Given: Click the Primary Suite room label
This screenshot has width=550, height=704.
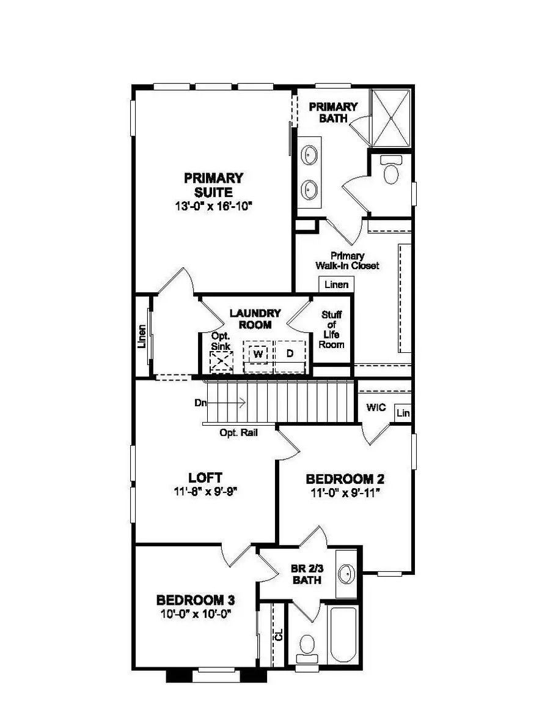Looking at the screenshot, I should pos(213,185).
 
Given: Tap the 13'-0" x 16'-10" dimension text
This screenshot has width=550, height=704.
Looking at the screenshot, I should pos(213,206).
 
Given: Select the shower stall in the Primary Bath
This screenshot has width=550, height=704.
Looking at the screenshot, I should pos(392,117).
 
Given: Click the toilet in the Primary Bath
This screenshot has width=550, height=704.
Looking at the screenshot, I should pos(389,172).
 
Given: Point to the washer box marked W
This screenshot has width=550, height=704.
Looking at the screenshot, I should pos(258,354).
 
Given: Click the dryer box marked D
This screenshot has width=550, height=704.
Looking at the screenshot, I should pos(290,354).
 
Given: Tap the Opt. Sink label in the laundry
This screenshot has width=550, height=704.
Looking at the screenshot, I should pos(221,342).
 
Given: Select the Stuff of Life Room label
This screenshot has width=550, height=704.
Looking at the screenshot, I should pos(332,330).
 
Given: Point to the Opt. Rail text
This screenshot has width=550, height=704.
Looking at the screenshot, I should pos(238,432).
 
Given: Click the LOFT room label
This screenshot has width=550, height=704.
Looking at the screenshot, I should pos(205,478).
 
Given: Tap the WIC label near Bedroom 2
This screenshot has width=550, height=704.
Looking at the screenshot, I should pos(376,407).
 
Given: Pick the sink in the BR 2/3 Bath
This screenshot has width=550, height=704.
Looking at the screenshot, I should pos(348,574).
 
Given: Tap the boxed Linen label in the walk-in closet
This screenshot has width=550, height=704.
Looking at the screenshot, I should pos(336,284).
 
